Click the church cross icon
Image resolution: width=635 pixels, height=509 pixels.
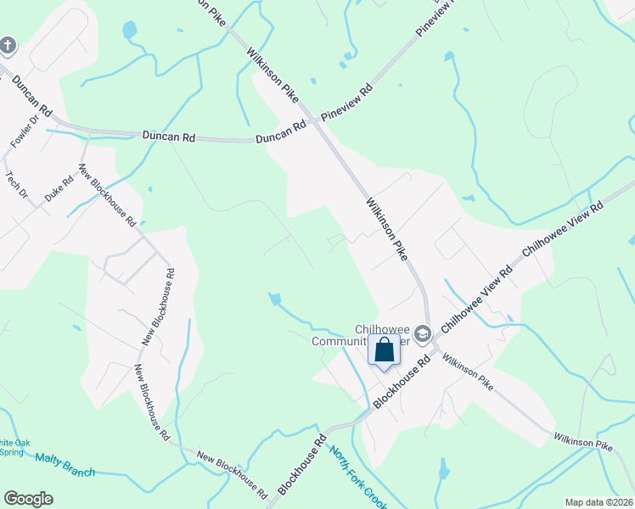8,45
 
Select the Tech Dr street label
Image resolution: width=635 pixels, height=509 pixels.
17,185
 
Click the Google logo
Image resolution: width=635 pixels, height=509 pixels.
28,499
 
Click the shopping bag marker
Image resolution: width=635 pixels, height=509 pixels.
384,349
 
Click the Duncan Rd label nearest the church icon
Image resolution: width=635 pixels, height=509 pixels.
32,98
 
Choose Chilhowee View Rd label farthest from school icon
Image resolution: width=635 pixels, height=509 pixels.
562,229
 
